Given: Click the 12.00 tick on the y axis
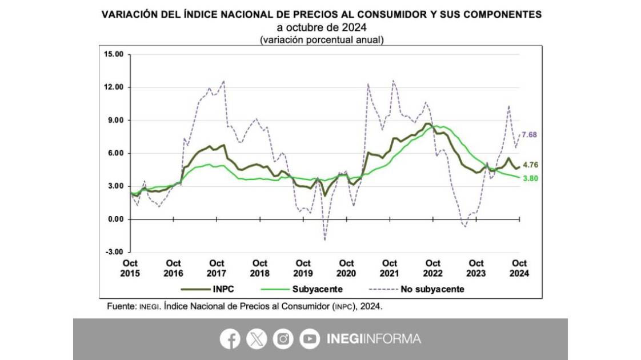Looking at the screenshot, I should (114, 87).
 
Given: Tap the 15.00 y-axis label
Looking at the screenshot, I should (114, 55).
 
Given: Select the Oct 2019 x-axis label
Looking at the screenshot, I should (303, 268).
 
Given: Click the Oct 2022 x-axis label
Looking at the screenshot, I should (433, 268).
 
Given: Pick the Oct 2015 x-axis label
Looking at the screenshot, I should (130, 268).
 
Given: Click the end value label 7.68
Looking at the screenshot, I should (530, 135).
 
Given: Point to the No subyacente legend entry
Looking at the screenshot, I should (432, 289).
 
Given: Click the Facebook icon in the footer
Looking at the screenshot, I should (230, 339).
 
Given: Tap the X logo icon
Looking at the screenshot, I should (257, 339).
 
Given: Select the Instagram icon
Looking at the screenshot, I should (283, 339).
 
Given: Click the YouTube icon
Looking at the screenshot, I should (309, 339).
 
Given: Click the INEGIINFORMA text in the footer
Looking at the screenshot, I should (374, 339).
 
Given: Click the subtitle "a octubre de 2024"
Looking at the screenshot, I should (320, 27).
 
